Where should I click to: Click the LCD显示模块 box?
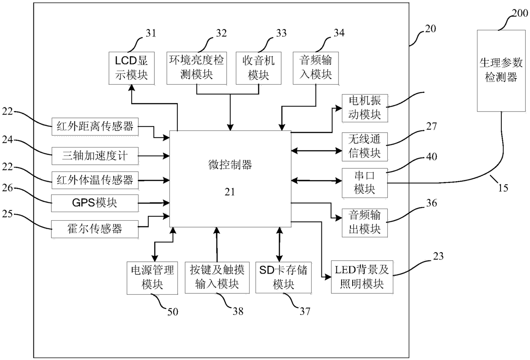click(132, 68)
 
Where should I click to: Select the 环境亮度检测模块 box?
click(197, 68)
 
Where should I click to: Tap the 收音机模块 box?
click(259, 68)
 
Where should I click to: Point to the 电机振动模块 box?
click(365, 108)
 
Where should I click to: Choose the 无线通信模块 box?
click(365, 147)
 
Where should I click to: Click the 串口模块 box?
click(365, 183)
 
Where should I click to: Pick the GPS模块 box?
click(95, 203)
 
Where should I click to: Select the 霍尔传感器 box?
click(95, 229)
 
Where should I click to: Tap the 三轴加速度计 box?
click(95, 156)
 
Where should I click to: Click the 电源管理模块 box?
click(152, 278)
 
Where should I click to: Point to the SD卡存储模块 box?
click(283, 277)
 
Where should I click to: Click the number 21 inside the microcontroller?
click(230, 192)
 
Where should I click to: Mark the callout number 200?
click(520, 13)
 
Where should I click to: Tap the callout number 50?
click(173, 312)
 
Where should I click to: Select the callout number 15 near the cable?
click(503, 188)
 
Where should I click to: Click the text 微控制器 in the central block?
click(230, 165)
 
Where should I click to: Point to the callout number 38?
click(238, 311)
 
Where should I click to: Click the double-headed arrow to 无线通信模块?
click(317, 150)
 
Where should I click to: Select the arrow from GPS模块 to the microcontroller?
click(154, 203)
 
